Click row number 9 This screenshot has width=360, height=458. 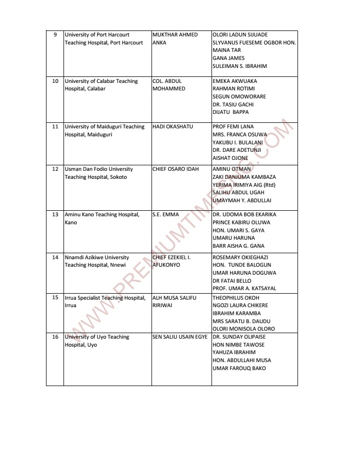click(55, 35)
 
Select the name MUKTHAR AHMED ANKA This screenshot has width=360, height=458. click(175, 39)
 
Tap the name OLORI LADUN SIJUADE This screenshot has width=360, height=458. click(240, 35)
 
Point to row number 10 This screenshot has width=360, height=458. click(55, 81)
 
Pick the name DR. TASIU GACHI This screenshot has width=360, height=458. click(233, 104)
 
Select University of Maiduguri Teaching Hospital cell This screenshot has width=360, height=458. click(104, 131)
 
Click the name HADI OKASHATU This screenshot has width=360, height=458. click(172, 127)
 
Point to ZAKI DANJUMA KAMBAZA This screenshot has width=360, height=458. click(244, 177)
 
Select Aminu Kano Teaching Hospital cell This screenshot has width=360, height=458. click(101, 219)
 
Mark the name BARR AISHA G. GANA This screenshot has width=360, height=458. click(238, 246)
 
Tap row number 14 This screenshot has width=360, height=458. click(55, 257)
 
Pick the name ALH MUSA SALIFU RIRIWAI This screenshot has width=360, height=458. click(173, 302)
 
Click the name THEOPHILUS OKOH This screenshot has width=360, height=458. click(236, 298)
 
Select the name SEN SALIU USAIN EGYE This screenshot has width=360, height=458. click(179, 337)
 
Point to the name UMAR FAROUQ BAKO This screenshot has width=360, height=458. click(239, 368)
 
